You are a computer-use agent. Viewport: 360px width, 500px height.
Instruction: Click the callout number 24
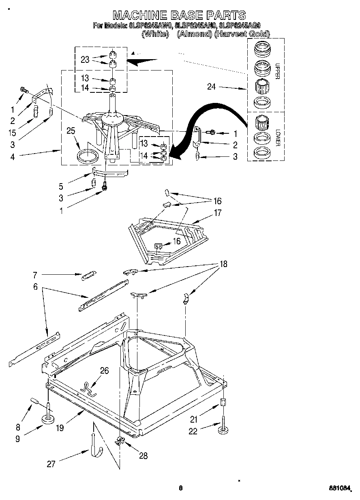(211, 86)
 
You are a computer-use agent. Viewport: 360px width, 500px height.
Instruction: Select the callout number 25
(71, 131)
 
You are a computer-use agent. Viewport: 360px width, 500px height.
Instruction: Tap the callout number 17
(218, 213)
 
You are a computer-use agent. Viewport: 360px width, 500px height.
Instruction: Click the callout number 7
(35, 275)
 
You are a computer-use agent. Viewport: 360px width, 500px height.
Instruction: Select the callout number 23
(85, 59)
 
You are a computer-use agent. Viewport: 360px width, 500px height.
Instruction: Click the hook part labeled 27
(94, 446)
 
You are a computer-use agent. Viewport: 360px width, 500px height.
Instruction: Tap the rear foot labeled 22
(223, 429)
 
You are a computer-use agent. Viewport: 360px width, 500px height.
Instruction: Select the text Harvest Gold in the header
(242, 34)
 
